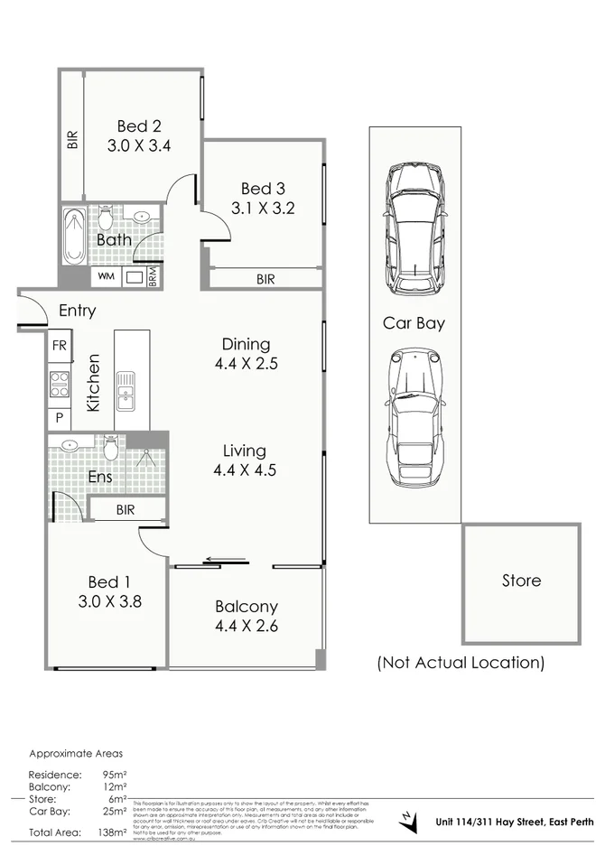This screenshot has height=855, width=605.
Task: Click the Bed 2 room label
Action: point(138,125)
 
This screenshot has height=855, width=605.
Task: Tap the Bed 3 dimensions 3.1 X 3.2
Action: point(263,208)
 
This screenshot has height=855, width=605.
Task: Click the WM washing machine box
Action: point(106,276)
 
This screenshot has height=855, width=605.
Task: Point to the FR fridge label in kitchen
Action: point(60,346)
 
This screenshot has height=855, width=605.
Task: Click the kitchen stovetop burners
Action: point(60,384)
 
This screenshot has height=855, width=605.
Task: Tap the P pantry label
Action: point(60,419)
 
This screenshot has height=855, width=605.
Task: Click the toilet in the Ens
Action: point(111,446)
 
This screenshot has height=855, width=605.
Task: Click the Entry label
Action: point(77,311)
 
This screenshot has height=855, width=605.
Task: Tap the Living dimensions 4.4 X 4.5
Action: point(245,469)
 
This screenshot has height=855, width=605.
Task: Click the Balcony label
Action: point(246,607)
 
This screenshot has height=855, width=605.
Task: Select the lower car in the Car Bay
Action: point(414,419)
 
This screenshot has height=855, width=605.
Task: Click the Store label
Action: point(521,581)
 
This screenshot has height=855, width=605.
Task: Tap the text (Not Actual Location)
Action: point(461,663)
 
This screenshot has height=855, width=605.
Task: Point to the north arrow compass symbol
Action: point(408,821)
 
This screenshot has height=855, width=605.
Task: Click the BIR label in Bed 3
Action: point(265,280)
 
